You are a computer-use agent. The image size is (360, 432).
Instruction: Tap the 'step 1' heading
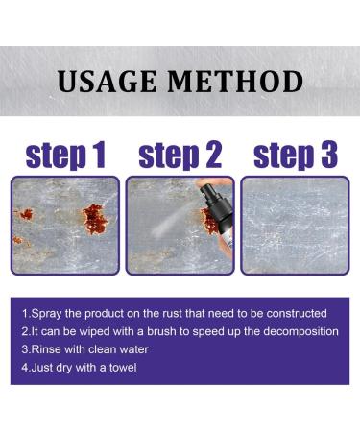click(x=65, y=156)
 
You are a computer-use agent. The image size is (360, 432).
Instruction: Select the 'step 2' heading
click(x=180, y=156)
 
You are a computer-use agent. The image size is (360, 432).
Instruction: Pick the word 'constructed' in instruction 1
click(x=295, y=314)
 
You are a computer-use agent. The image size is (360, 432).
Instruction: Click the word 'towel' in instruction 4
click(x=121, y=366)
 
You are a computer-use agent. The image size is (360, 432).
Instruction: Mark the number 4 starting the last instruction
click(x=24, y=366)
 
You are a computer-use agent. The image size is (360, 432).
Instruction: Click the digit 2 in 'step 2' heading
click(x=210, y=156)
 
